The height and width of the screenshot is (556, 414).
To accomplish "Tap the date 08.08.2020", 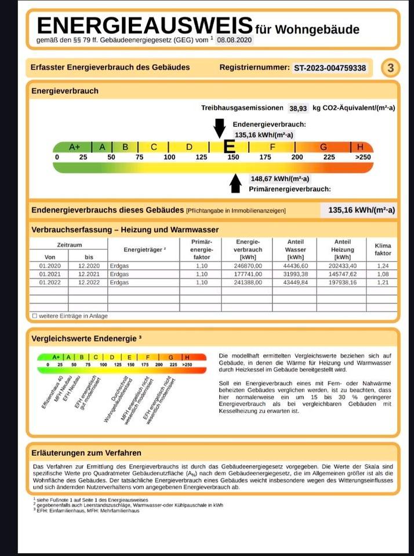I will [x=235, y=41].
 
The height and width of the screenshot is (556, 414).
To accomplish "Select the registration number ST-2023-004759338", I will [x=330, y=68].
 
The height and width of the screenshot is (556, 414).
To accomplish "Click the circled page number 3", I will [x=391, y=68].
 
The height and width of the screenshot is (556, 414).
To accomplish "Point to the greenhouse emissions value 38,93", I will [x=298, y=108].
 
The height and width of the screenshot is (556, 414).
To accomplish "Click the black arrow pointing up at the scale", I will [x=235, y=183].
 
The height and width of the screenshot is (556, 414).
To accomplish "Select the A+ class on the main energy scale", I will [x=75, y=147].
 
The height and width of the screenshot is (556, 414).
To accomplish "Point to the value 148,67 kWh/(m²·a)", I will [x=279, y=179].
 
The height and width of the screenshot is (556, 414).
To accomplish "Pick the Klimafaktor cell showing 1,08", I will [x=383, y=274].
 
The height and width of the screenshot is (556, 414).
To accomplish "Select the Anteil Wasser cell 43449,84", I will [x=296, y=282].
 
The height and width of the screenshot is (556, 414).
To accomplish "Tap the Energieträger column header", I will [x=145, y=250].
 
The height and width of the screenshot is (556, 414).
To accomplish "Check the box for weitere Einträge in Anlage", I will [x=35, y=316].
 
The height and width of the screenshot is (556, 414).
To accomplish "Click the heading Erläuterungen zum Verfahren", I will [x=87, y=453].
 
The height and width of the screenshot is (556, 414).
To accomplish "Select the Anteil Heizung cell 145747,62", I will [x=342, y=274].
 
